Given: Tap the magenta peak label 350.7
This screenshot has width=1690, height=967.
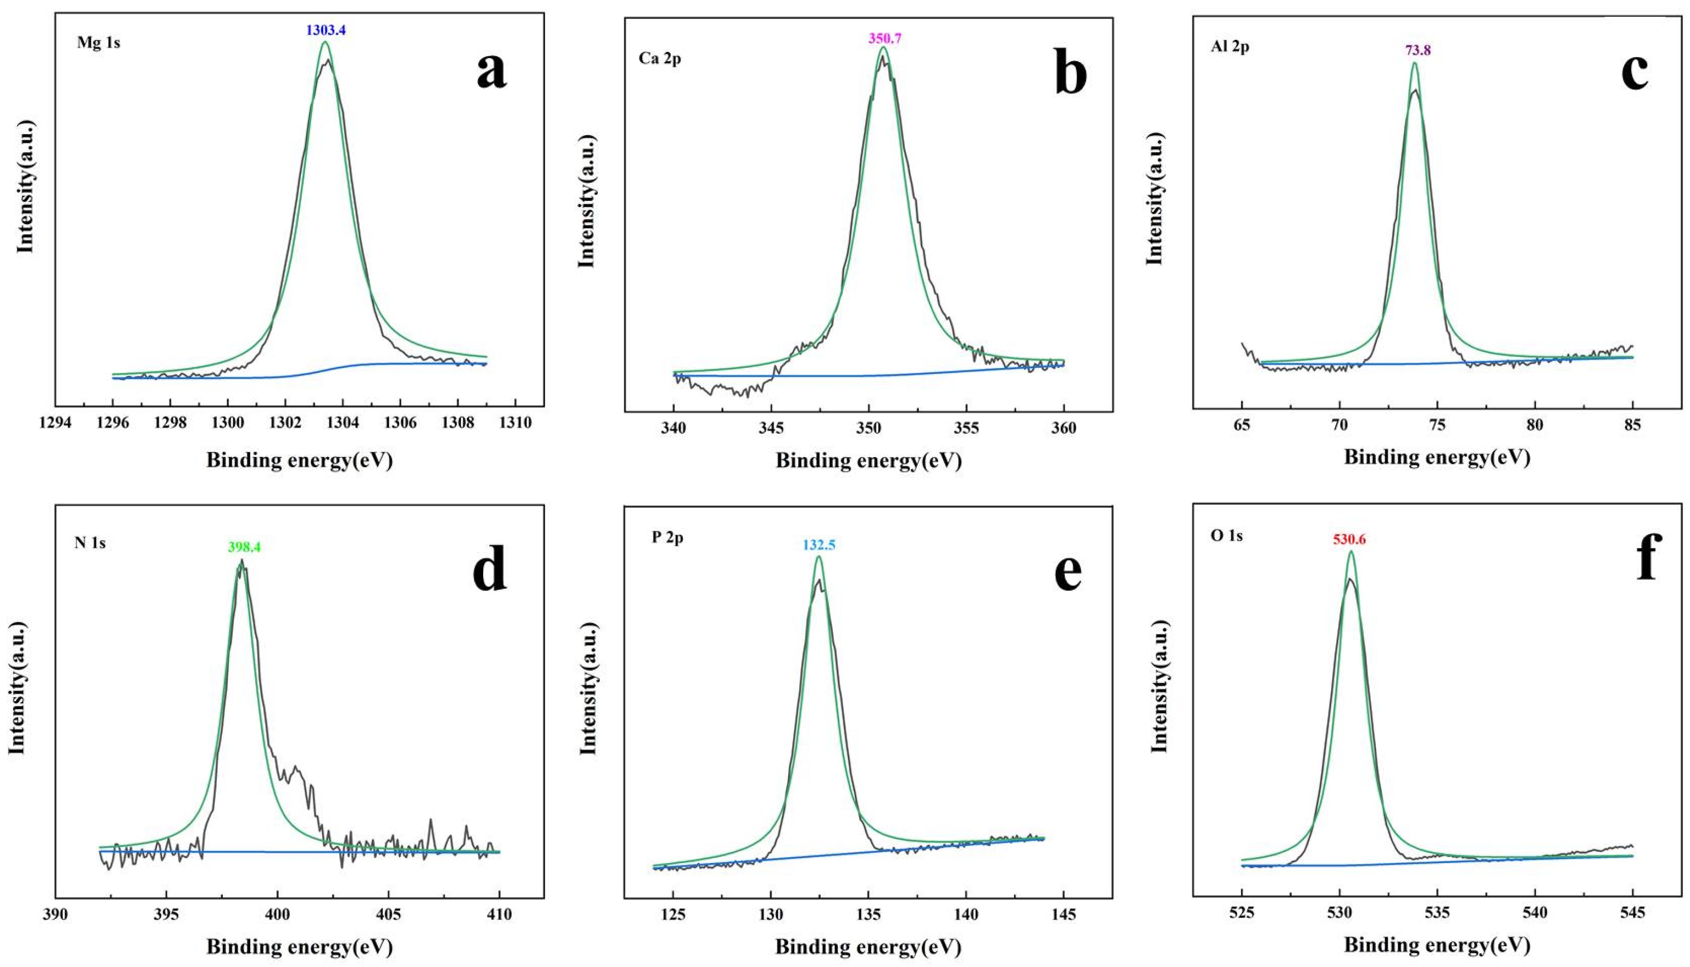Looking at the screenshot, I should click(x=884, y=39).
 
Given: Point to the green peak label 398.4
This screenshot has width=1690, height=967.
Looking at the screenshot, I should click(x=245, y=547).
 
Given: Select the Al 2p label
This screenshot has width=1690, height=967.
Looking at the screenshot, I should click(x=1230, y=48).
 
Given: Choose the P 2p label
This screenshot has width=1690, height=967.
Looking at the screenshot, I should click(x=667, y=537).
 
